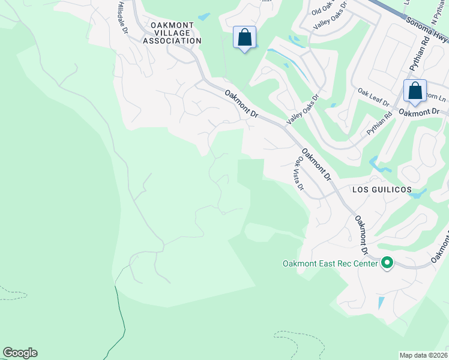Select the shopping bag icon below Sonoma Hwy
pyautogui.click(x=415, y=92)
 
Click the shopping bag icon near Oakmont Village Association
pyautogui.click(x=244, y=38)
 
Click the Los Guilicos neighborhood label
pyautogui.click(x=382, y=190)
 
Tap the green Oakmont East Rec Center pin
pyautogui.click(x=387, y=263)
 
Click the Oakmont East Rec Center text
pyautogui.click(x=330, y=263)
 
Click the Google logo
pyautogui.click(x=20, y=353)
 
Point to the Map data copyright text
pyautogui.click(x=424, y=355)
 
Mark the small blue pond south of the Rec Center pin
pyautogui.click(x=380, y=303)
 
